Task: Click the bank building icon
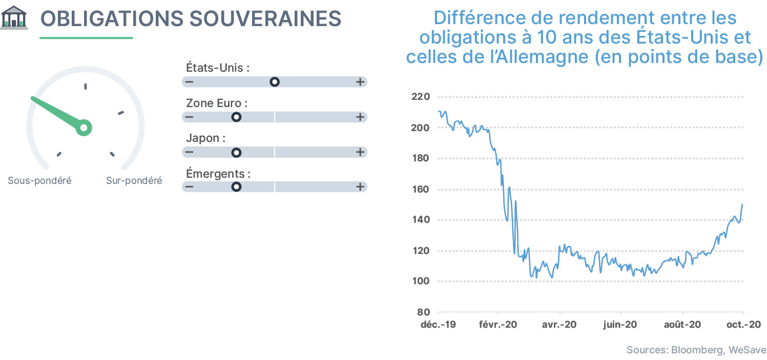pos(14,17)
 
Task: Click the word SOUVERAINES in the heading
pos(265,18)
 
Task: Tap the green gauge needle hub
pos(84,128)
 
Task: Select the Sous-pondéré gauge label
pos(40,180)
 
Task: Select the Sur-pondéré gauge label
pos(134,180)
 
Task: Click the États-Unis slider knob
pos(274,82)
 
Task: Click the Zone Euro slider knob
pos(236,117)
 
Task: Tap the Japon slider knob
pos(236,152)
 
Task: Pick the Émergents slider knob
pos(236,187)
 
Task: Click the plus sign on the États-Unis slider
pos(360,82)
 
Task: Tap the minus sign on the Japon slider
pos(190,152)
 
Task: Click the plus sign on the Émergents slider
pos(360,187)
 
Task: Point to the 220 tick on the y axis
pos(421,96)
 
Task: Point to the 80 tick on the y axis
pos(424,312)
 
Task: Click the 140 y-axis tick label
pos(421,219)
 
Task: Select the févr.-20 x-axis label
pos(498,325)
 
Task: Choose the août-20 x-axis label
pos(682,325)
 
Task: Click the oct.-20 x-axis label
pos(744,325)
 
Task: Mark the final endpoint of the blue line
pos(742,204)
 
